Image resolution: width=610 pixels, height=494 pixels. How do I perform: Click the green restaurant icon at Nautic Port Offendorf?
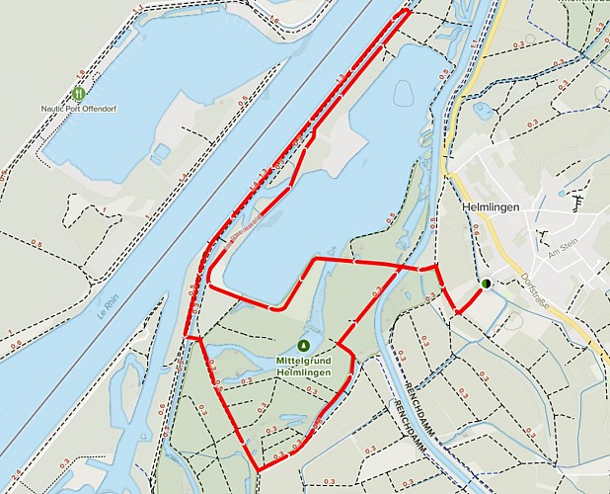point(78,92)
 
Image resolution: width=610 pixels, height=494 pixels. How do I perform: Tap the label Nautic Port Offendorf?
point(78,107)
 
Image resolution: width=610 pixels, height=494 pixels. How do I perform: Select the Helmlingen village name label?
point(491,208)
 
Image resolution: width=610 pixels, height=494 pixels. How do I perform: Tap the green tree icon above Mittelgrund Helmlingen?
point(303,345)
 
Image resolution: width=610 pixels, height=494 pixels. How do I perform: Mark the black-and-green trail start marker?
point(486,284)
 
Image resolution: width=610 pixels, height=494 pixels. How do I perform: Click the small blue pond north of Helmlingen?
point(483,111)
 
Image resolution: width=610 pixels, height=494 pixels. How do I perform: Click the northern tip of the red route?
point(408,11)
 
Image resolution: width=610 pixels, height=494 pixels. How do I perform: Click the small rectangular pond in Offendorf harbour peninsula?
point(161,151)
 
